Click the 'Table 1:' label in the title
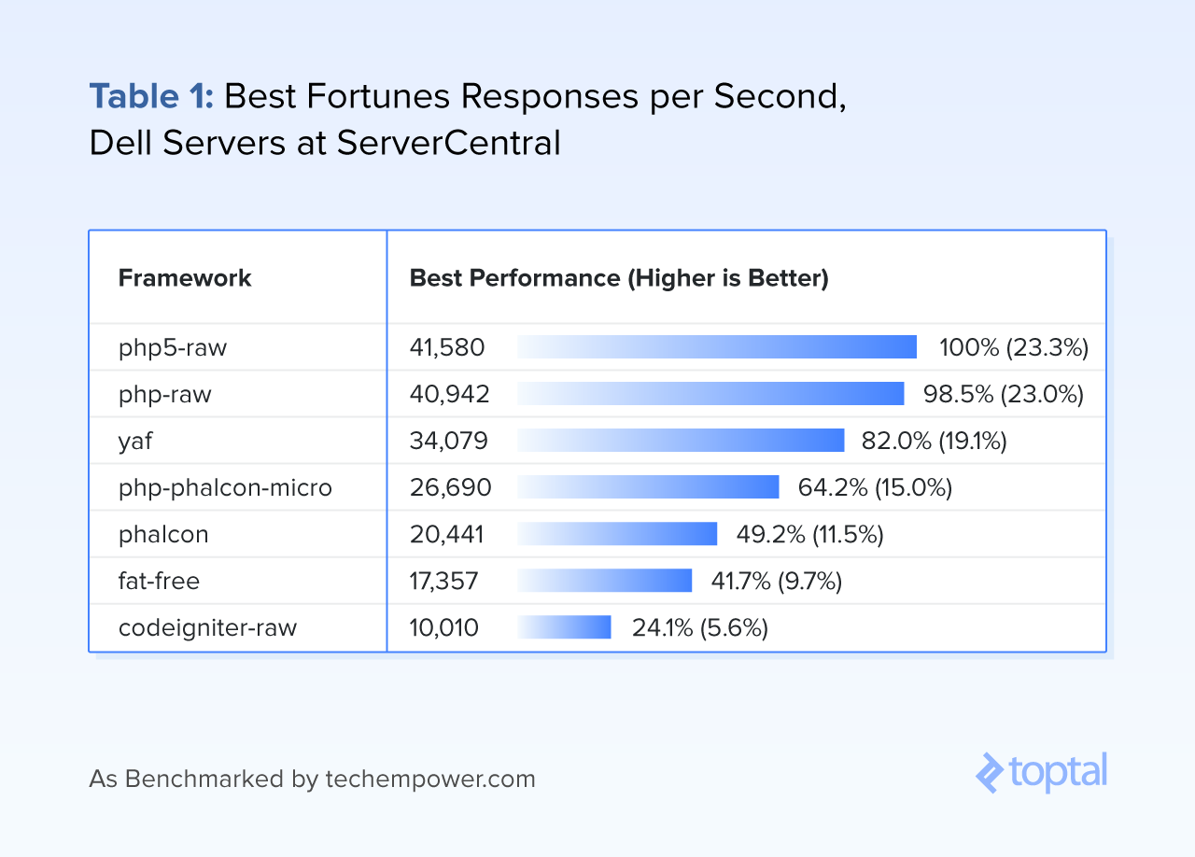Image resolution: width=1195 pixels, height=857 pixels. click(151, 96)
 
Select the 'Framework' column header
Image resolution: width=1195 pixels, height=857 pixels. click(185, 278)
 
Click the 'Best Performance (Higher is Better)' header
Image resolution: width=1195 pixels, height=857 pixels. click(619, 278)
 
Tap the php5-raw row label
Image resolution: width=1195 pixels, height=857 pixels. click(173, 348)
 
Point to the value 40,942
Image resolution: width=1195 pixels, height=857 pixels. click(449, 394)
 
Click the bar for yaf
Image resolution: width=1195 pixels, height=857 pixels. click(681, 441)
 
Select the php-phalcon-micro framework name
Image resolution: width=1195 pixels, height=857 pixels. click(225, 487)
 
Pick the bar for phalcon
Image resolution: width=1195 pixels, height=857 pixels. click(617, 534)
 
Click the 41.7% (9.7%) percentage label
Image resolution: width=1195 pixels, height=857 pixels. click(776, 581)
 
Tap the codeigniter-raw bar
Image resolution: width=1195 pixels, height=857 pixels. click(564, 627)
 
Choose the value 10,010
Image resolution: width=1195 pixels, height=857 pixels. click(443, 627)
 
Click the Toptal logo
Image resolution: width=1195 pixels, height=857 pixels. click(1041, 772)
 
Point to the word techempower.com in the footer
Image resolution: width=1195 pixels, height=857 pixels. click(430, 779)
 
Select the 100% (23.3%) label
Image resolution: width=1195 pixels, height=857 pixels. click(1014, 347)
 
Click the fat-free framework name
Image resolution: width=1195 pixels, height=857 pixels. click(159, 581)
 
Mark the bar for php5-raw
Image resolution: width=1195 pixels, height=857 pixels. click(717, 347)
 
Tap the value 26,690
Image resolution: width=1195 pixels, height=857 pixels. click(450, 487)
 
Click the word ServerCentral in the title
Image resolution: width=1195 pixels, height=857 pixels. click(449, 143)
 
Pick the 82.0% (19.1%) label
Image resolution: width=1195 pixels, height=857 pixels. click(935, 441)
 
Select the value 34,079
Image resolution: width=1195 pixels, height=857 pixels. click(449, 441)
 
